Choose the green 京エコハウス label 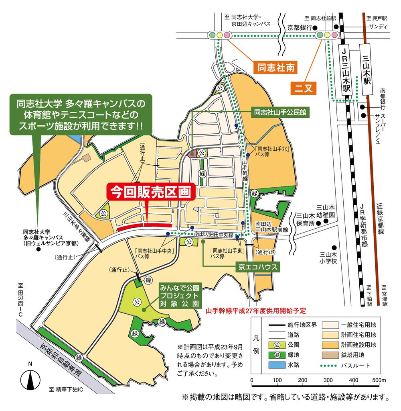pyautogui.click(x=256, y=266)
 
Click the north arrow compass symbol pyautogui.click(x=30, y=377)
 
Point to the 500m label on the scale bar pyautogui.click(x=379, y=380)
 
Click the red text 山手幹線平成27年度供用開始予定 pyautogui.click(x=255, y=311)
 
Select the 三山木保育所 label pyautogui.click(x=305, y=219)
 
